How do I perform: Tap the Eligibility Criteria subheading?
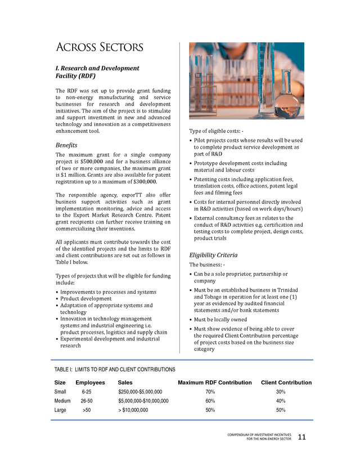pyautogui.click(x=213, y=255)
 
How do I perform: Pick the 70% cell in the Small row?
pyautogui.click(x=210, y=391)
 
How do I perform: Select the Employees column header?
pyautogui.click(x=90, y=383)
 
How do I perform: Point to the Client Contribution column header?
pyautogui.click(x=286, y=383)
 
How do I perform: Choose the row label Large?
pyautogui.click(x=61, y=410)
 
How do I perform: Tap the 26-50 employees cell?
pyautogui.click(x=87, y=401)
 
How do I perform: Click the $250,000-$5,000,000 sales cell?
pyautogui.click(x=140, y=391)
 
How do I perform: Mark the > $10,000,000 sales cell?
pyautogui.click(x=133, y=410)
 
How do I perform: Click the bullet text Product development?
pyautogui.click(x=86, y=299)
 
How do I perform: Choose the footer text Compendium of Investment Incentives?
pyautogui.click(x=259, y=434)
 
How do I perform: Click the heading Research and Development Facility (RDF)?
pyautogui.click(x=97, y=71)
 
